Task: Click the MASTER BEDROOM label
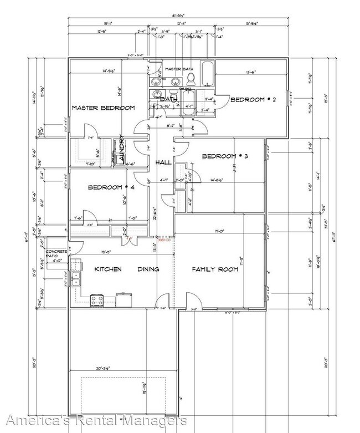pos(103,108)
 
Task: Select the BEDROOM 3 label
pos(224,156)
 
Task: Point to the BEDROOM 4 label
pos(111,187)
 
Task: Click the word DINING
pos(148,269)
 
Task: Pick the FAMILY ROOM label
pos(215,269)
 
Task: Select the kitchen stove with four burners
pos(97,300)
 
